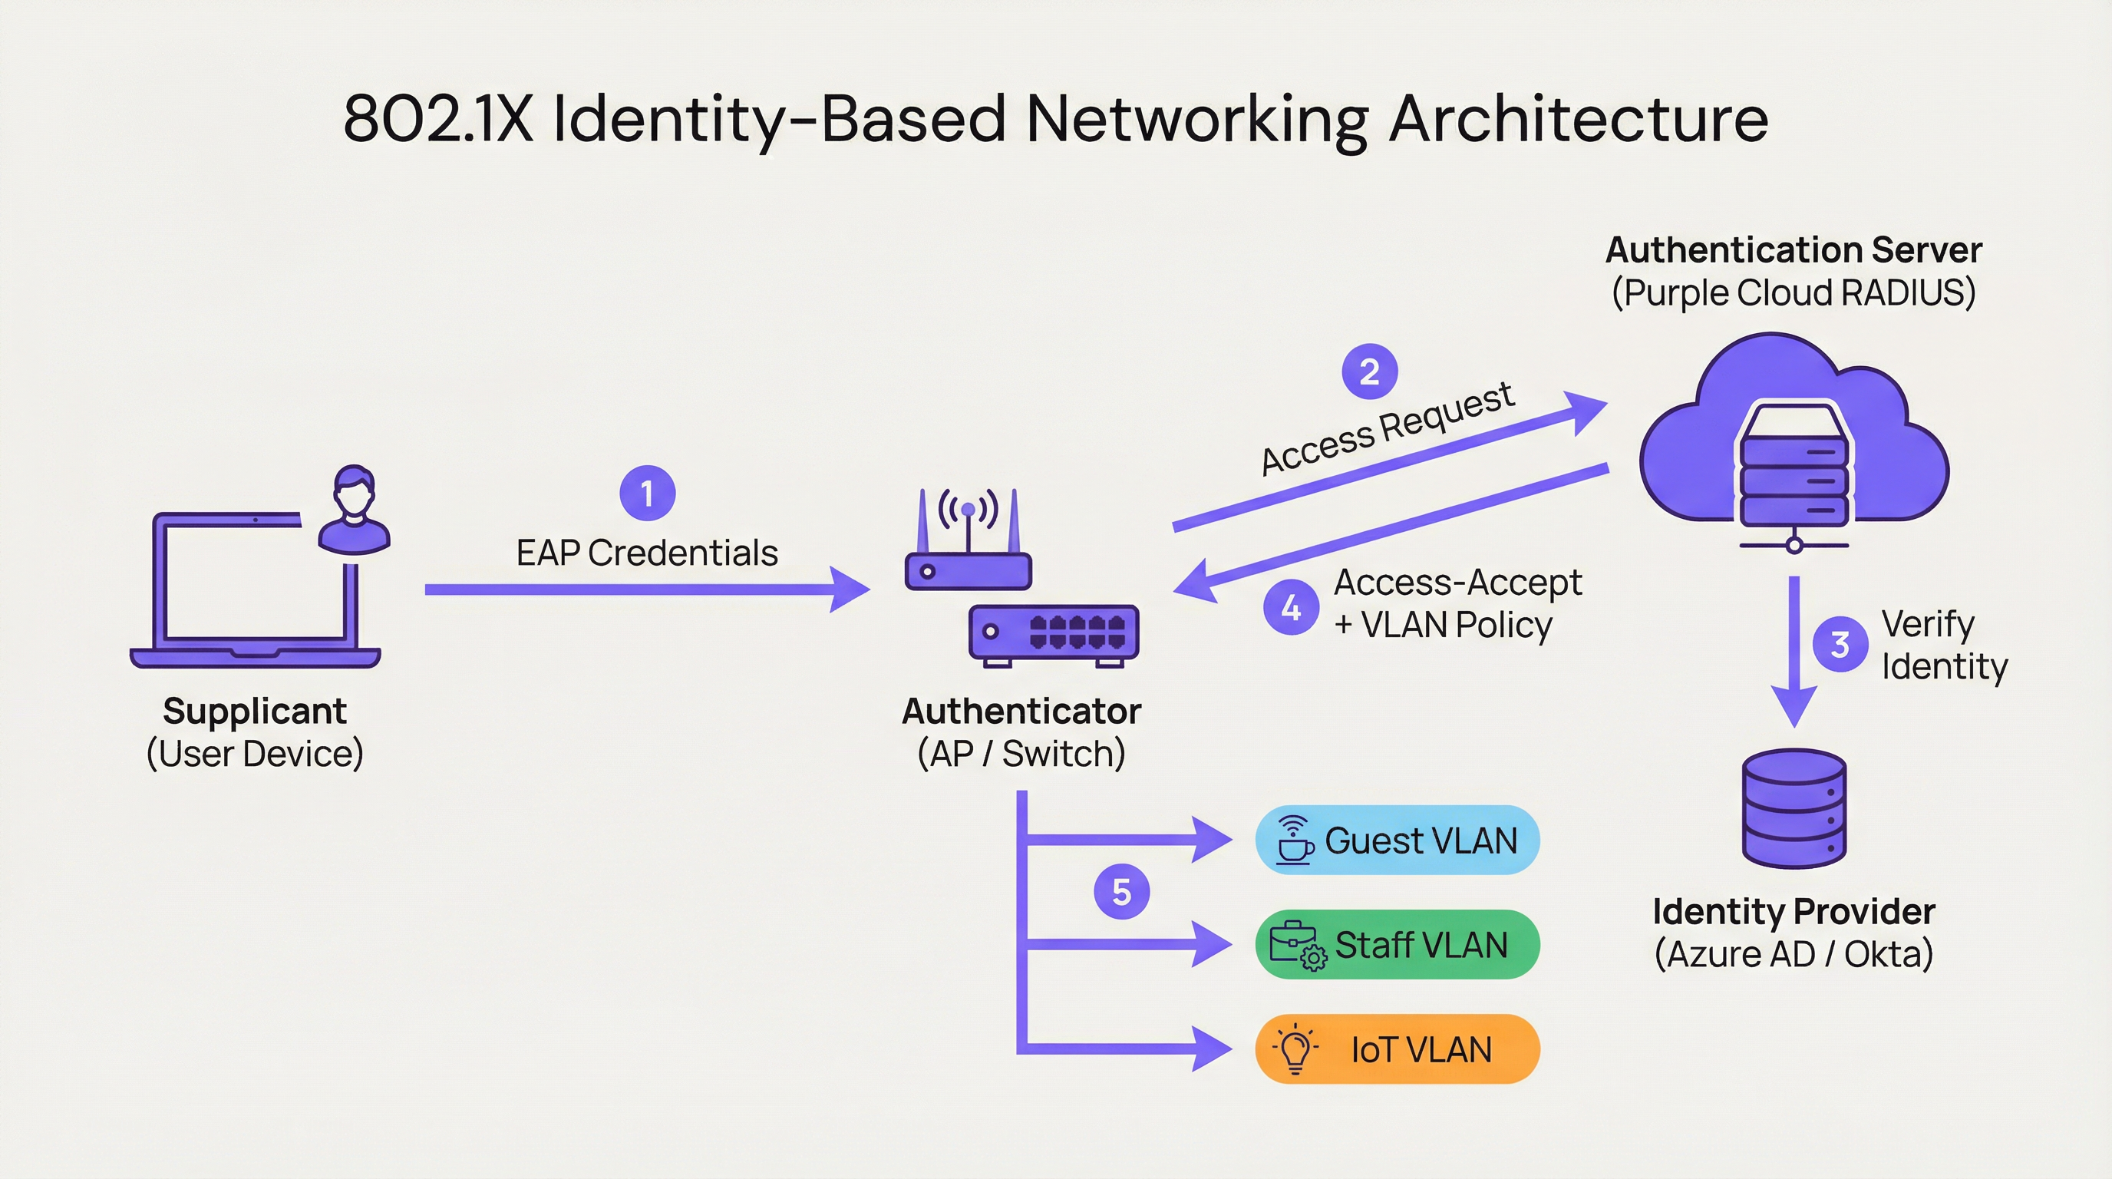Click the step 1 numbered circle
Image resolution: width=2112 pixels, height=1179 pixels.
point(647,494)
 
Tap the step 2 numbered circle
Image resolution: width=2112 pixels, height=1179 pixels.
point(1369,372)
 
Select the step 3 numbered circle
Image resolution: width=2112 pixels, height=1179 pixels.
point(1840,645)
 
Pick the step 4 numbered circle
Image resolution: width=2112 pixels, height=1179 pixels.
point(1291,607)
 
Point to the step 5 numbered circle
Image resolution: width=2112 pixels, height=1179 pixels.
point(1121,891)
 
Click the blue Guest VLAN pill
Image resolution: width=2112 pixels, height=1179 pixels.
point(1397,840)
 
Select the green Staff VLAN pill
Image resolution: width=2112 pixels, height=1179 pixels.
point(1397,945)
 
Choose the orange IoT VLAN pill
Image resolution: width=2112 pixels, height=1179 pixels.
point(1397,1049)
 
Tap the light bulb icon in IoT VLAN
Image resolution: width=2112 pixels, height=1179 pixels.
point(1295,1049)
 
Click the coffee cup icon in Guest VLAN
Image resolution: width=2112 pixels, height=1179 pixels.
point(1295,840)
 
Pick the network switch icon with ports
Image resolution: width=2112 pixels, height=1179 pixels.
point(1054,634)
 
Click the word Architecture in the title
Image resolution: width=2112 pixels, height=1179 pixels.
point(1579,119)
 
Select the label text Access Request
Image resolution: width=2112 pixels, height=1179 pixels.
point(1387,428)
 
